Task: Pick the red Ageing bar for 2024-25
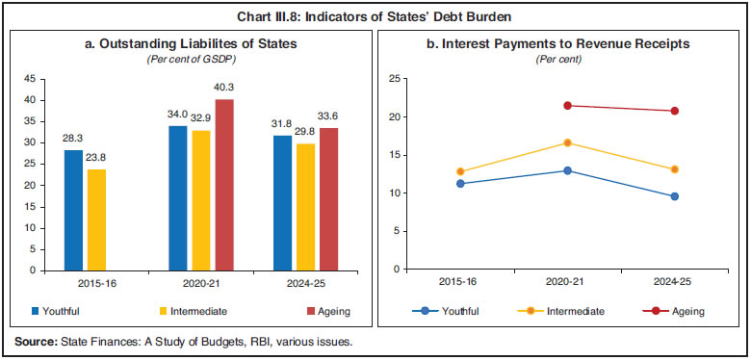[x=328, y=199]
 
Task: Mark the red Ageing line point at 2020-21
[x=568, y=106]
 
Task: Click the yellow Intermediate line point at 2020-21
[x=568, y=142]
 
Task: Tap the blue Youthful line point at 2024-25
[x=674, y=196]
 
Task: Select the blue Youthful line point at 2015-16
[x=460, y=183]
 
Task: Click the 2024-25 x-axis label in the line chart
[x=674, y=284]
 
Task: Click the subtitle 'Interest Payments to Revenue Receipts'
[x=564, y=44]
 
